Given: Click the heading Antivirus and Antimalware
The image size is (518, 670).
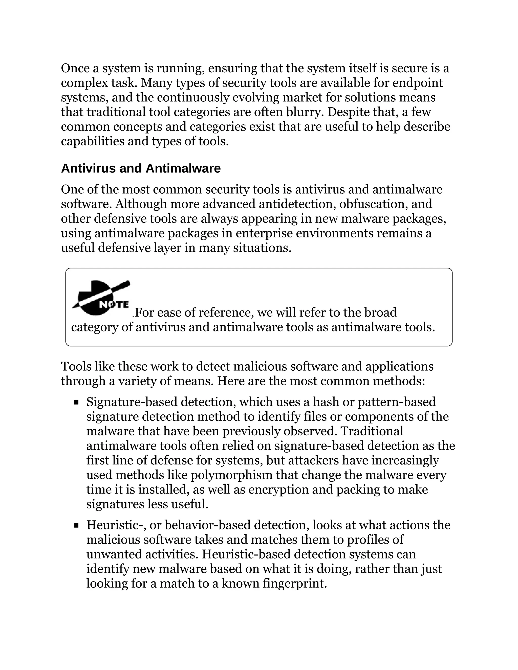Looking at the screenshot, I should click(141, 168).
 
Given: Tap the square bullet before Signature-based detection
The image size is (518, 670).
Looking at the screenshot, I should click(76, 402).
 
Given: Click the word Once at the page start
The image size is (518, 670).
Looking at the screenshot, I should click(75, 68).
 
